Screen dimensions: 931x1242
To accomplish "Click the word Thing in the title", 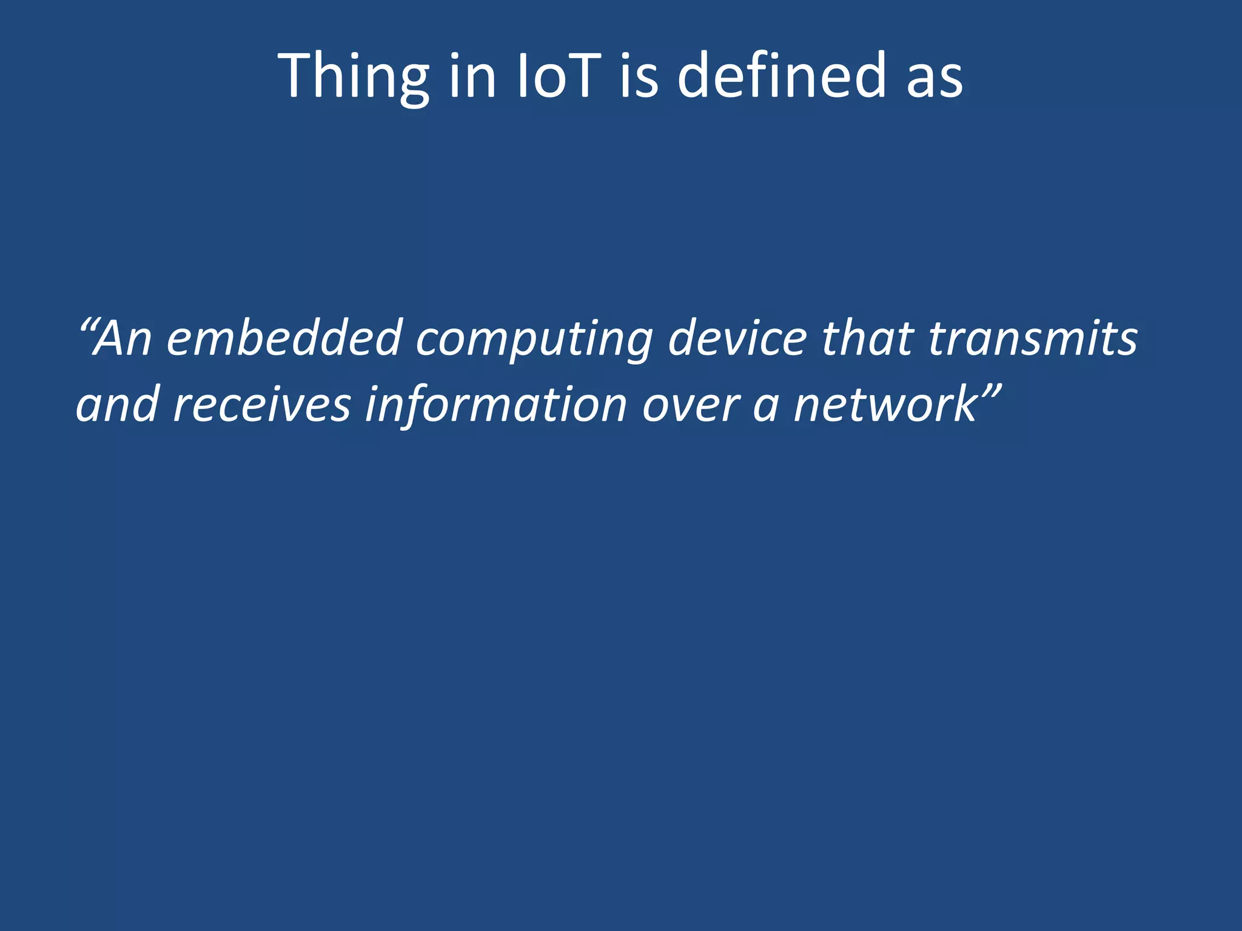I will [354, 76].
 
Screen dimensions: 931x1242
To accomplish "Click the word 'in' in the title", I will [473, 76].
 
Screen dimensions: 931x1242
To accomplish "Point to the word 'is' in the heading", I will [639, 76].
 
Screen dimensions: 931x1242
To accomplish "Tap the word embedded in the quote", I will [284, 338].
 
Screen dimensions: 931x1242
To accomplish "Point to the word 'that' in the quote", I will [868, 338].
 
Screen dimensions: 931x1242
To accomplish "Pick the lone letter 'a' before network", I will [765, 407].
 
